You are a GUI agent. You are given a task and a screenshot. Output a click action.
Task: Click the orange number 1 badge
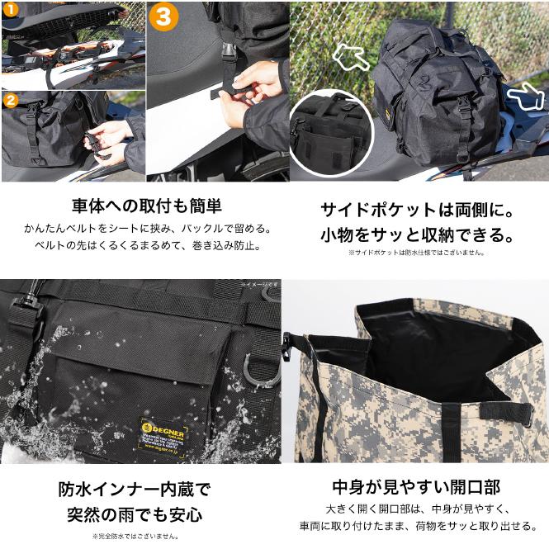8,9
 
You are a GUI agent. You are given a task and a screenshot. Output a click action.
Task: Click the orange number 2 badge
9,100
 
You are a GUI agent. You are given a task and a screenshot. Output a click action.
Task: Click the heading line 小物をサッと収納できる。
416,234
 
